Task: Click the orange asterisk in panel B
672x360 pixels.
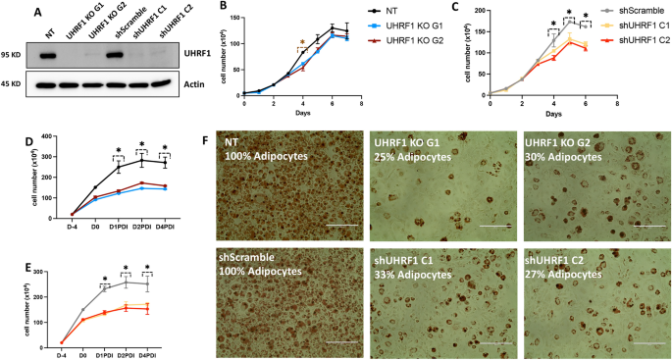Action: pyautogui.click(x=302, y=43)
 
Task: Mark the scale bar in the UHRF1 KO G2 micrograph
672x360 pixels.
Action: pyautogui.click(x=649, y=225)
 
